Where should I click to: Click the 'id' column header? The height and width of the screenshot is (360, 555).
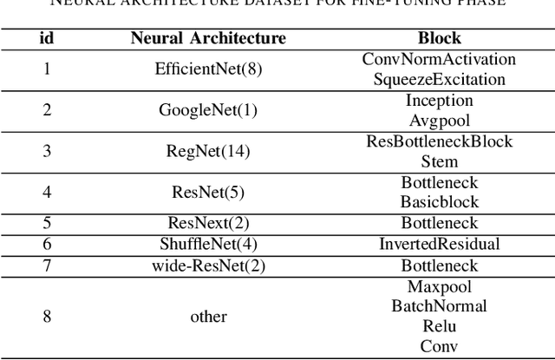point(47,38)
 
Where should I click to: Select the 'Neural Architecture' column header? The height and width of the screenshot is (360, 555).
point(208,38)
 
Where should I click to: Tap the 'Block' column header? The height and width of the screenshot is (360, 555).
point(439,38)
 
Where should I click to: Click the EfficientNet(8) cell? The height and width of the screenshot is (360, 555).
point(208,69)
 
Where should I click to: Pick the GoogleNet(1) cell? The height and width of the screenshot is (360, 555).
point(208,110)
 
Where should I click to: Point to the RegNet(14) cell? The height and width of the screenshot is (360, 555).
point(208,151)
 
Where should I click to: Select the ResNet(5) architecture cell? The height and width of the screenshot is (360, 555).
point(208,192)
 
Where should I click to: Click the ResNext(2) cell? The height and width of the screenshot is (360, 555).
point(208,223)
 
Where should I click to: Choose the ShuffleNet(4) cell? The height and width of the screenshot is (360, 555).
point(208,244)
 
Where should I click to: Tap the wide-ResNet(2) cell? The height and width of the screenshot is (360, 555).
point(208,265)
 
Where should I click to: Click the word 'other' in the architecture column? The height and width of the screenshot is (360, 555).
point(208,317)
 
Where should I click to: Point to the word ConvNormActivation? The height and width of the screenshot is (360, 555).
point(439,59)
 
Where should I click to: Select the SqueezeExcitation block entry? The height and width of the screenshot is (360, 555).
point(439,79)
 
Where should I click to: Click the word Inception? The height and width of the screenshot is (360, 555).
point(439,100)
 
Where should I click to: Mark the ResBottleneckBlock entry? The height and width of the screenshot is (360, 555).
point(439,141)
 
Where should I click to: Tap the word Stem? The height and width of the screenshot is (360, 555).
point(439,161)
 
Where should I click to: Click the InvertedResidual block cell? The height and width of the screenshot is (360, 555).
point(439,244)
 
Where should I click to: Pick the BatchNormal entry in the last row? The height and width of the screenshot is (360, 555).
point(439,306)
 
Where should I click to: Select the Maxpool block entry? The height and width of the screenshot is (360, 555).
point(439,286)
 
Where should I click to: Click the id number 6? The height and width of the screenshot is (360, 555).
point(47,244)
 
